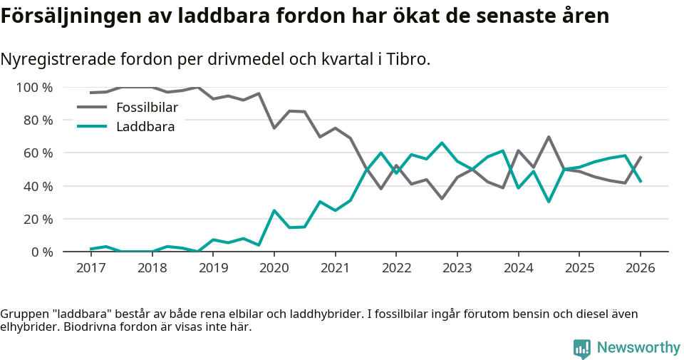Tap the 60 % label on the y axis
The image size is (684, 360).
[x=37, y=153]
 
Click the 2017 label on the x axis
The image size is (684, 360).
[x=90, y=268]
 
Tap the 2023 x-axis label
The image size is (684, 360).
[x=457, y=268]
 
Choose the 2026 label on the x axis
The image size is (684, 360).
[x=640, y=268]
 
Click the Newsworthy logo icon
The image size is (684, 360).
[x=581, y=348]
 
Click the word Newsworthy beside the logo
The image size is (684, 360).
[x=638, y=348]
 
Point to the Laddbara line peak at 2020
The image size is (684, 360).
[x=274, y=210]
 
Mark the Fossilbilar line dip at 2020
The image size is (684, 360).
[x=274, y=128]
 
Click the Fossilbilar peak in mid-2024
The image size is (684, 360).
[x=549, y=137]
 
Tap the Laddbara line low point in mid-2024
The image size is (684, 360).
[x=549, y=202]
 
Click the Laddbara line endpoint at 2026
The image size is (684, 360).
[x=641, y=182]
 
